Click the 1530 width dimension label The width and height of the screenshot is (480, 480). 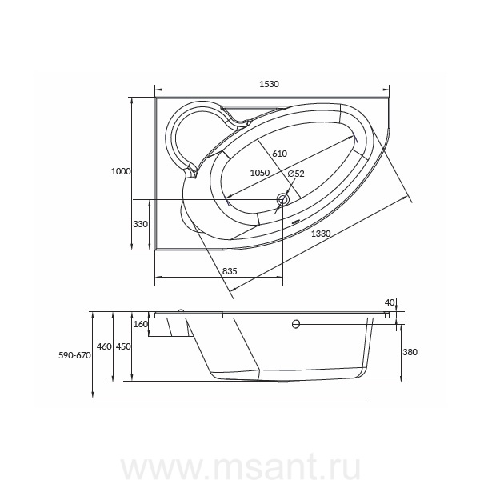coord(269,84)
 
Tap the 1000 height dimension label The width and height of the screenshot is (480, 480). coord(121,171)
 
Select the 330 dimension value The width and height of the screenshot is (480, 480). coord(140,224)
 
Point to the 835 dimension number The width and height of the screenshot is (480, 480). coord(230,271)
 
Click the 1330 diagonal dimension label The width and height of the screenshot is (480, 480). coord(321,234)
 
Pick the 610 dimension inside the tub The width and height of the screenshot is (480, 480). coord(279,154)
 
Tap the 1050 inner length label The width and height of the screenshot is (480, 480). coord(260,173)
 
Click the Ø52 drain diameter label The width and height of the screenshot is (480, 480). coord(296,174)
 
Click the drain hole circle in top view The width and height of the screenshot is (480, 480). coord(282,200)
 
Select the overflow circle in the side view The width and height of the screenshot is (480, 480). coord(296,324)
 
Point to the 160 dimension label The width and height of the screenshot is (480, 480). coord(141,324)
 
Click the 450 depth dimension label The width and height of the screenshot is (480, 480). coord(123,346)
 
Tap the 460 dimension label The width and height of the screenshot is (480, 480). coord(104,346)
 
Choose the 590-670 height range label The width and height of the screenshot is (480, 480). coord(74,355)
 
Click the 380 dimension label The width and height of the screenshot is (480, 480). coord(410,352)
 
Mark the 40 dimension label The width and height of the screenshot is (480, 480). coord(390,302)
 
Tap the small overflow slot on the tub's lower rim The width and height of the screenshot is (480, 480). coord(296,222)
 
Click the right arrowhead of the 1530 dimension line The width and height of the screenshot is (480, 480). coord(386,90)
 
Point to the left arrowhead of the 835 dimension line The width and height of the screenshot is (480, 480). coord(158,277)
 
